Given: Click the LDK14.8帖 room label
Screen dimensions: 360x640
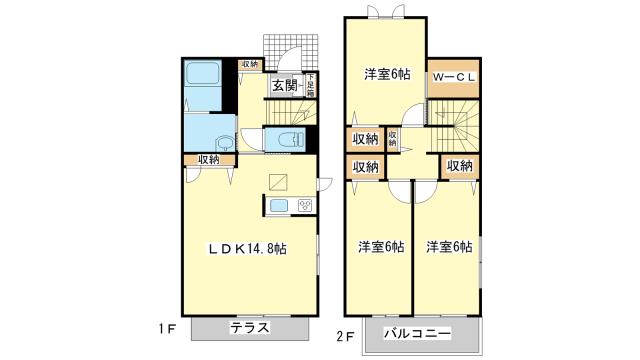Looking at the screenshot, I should (x=247, y=249).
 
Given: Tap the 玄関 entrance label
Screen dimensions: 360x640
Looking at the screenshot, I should (x=283, y=85).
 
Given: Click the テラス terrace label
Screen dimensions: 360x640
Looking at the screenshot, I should (x=248, y=328).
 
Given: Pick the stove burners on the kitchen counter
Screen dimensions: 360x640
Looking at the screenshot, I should (x=304, y=205).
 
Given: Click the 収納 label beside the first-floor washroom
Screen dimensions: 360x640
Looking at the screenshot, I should (x=208, y=158).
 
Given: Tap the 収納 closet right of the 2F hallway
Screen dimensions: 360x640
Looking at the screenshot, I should (x=460, y=166).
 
